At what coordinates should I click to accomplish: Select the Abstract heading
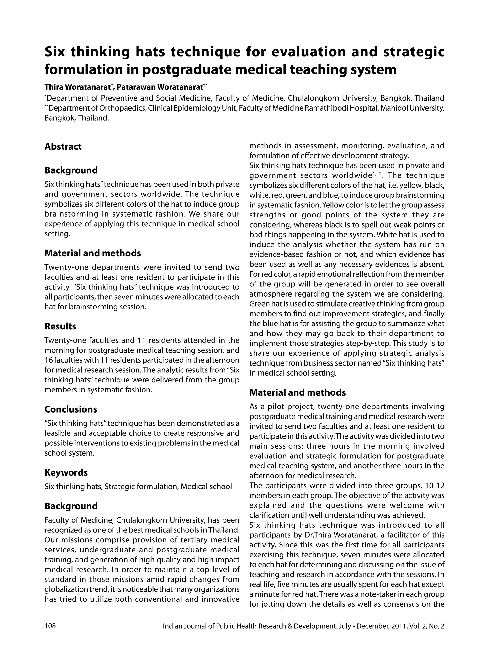pyautogui.click(x=63, y=147)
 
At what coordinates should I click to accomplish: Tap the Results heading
pyautogui.click(x=60, y=326)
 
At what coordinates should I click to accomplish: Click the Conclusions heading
pyautogui.click(x=71, y=409)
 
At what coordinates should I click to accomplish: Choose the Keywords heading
pyautogui.click(x=66, y=472)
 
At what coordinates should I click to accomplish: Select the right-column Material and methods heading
pyautogui.click(x=298, y=392)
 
